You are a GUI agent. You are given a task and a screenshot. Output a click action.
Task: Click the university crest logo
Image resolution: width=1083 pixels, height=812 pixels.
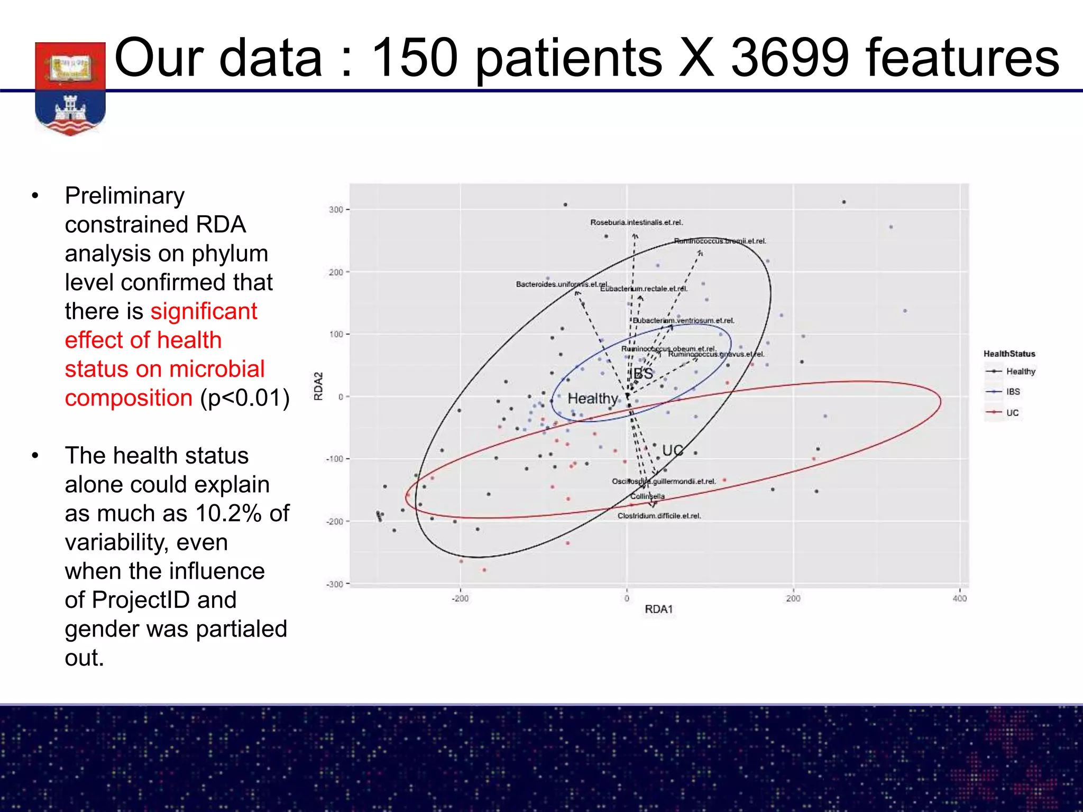tap(70, 88)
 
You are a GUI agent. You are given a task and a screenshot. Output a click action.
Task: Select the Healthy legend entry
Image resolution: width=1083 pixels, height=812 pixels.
tap(1020, 372)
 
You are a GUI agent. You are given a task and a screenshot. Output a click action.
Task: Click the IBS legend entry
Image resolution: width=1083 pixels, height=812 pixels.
tap(1013, 392)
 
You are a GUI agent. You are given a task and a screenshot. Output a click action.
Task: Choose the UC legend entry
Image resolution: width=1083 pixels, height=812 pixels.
tap(1012, 413)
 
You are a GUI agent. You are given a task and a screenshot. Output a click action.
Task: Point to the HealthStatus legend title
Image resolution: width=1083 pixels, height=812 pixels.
tap(1009, 354)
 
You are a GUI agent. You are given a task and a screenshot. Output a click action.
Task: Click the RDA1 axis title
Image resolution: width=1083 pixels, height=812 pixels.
tap(658, 610)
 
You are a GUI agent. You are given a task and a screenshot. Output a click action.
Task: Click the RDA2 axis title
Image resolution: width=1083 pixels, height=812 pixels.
tap(318, 386)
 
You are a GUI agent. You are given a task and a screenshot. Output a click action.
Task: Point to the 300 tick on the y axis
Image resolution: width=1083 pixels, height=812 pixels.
tap(336, 210)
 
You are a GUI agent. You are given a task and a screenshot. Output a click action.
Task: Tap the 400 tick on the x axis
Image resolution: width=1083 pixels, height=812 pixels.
tap(959, 598)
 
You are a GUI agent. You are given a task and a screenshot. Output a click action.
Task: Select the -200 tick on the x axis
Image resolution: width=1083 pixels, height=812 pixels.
tap(460, 598)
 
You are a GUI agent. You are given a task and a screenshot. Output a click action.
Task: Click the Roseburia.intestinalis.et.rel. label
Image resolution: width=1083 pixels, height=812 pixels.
tap(636, 223)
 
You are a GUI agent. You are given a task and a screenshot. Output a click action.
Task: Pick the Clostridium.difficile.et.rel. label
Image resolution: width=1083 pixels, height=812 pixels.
tap(659, 516)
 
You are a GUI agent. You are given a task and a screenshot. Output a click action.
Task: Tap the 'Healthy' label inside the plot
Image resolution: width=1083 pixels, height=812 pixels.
tap(592, 399)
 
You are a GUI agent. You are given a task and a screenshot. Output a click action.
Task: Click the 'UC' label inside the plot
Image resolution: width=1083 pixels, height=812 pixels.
tap(673, 450)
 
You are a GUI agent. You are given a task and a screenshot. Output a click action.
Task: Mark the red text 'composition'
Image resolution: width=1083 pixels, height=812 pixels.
tap(129, 398)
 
